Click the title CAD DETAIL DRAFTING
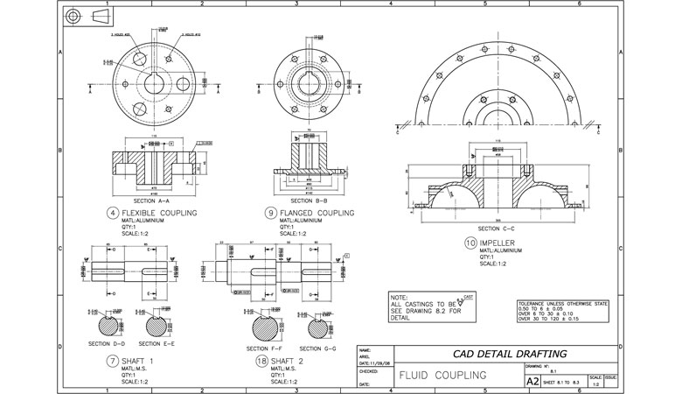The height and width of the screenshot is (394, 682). point(498,353)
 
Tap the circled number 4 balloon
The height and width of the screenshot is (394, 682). point(114,213)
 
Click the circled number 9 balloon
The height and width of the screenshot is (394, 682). point(273,213)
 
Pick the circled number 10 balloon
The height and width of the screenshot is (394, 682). point(471,243)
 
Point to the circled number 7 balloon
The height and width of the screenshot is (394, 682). point(114,361)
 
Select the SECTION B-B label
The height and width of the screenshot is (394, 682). point(301,201)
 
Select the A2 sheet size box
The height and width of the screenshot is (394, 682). point(531,382)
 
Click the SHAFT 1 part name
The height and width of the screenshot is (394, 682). point(143,361)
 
